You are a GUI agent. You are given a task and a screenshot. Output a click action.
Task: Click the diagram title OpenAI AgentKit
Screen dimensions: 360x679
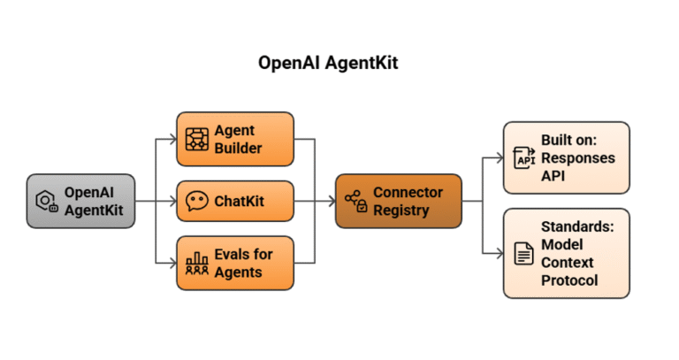point(339,64)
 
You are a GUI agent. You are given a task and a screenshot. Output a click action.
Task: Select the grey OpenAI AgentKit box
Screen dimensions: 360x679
point(80,201)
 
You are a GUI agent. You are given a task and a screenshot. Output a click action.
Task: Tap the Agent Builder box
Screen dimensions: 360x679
point(235,140)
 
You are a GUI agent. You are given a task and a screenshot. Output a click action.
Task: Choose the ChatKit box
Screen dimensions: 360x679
point(235,201)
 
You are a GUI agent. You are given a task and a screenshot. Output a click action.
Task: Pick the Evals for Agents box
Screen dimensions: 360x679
point(235,263)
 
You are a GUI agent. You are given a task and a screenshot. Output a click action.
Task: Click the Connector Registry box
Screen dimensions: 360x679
point(398,201)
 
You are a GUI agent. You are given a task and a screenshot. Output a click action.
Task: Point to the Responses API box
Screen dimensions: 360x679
point(566,158)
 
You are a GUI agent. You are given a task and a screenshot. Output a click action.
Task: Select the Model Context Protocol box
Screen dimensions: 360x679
point(566,253)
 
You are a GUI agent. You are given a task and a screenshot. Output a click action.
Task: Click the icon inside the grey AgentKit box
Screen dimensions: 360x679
point(47,202)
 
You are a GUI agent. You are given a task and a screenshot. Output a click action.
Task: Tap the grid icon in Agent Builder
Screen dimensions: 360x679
point(196,140)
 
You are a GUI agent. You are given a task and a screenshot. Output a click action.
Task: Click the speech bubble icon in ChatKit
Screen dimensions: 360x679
point(196,202)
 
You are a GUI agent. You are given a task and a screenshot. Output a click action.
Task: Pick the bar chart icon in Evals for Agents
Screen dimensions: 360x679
point(196,264)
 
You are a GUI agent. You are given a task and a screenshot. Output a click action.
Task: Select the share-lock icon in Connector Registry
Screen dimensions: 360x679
point(355,202)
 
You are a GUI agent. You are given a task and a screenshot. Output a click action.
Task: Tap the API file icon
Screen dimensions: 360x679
point(524,159)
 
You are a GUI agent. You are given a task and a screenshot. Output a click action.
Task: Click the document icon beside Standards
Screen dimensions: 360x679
point(524,254)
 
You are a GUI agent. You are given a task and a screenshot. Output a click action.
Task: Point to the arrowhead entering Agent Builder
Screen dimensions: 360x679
point(172,140)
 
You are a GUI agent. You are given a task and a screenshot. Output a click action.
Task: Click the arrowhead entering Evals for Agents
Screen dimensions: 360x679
point(172,263)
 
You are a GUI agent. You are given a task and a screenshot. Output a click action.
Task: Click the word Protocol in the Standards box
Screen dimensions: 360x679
point(569,280)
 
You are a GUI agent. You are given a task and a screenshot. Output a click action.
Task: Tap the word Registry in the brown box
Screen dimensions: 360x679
point(402,211)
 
